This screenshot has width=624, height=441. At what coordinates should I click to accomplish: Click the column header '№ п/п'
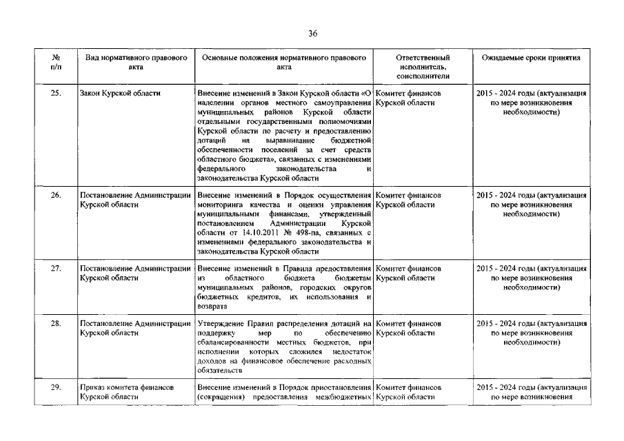(x=55, y=63)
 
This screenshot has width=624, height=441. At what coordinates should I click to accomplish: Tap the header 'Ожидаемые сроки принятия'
(x=531, y=58)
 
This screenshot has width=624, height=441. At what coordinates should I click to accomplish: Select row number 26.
(x=55, y=195)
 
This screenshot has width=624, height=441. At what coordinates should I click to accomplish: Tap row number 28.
(x=55, y=323)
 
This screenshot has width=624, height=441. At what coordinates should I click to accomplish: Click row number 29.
(x=55, y=388)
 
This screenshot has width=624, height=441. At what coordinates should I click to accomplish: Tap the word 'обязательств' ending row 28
(x=217, y=370)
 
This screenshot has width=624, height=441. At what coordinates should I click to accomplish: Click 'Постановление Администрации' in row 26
(x=136, y=195)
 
